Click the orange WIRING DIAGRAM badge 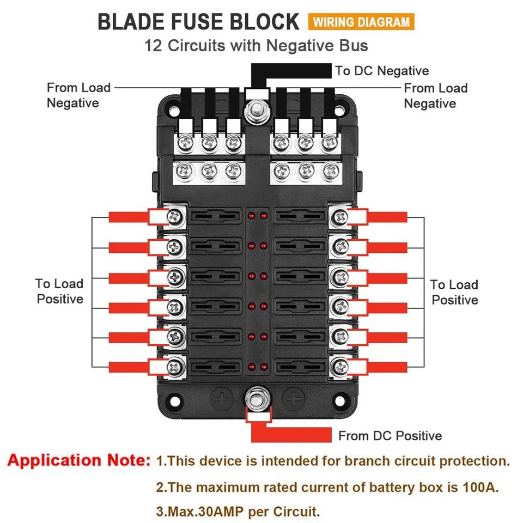[361, 22]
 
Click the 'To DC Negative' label [381, 71]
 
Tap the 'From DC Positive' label [390, 436]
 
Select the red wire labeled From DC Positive [294, 435]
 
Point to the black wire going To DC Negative [294, 71]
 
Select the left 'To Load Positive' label [60, 291]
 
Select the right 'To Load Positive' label [454, 293]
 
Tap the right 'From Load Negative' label [435, 96]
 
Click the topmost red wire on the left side [128, 217]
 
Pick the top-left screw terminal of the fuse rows [174, 217]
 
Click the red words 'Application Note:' [78, 461]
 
